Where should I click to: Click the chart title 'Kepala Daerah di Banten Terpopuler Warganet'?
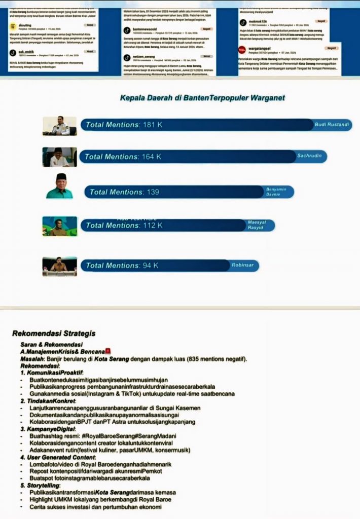202,98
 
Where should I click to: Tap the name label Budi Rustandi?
332,125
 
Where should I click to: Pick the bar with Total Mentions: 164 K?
188,157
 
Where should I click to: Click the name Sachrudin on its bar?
309,156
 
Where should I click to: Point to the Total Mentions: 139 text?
124,192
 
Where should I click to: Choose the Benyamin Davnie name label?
276,192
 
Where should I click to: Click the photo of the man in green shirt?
59,186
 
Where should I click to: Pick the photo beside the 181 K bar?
59,126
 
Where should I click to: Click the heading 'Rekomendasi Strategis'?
54,333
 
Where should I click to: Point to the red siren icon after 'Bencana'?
107,351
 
